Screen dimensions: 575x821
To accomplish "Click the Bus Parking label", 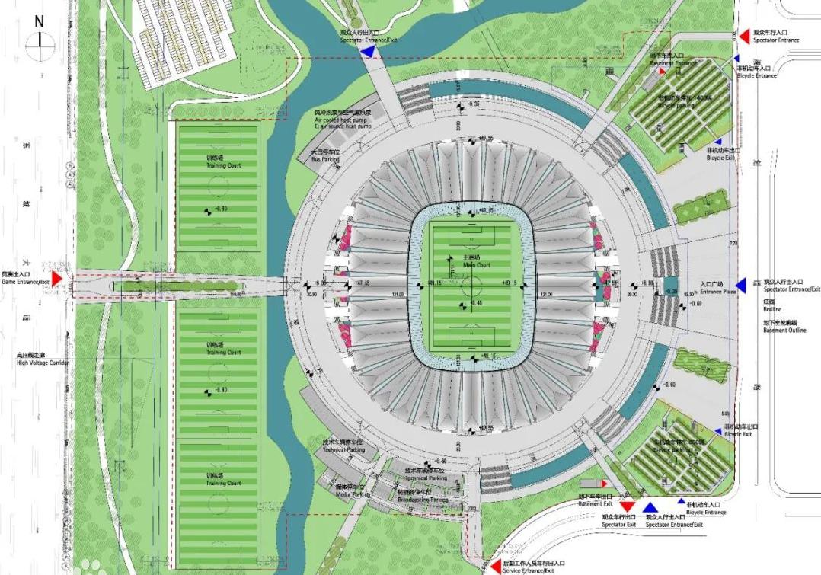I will (324, 157).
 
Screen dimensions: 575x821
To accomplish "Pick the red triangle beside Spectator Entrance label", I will (744, 37).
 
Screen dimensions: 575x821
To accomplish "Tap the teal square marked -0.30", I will (670, 290).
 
